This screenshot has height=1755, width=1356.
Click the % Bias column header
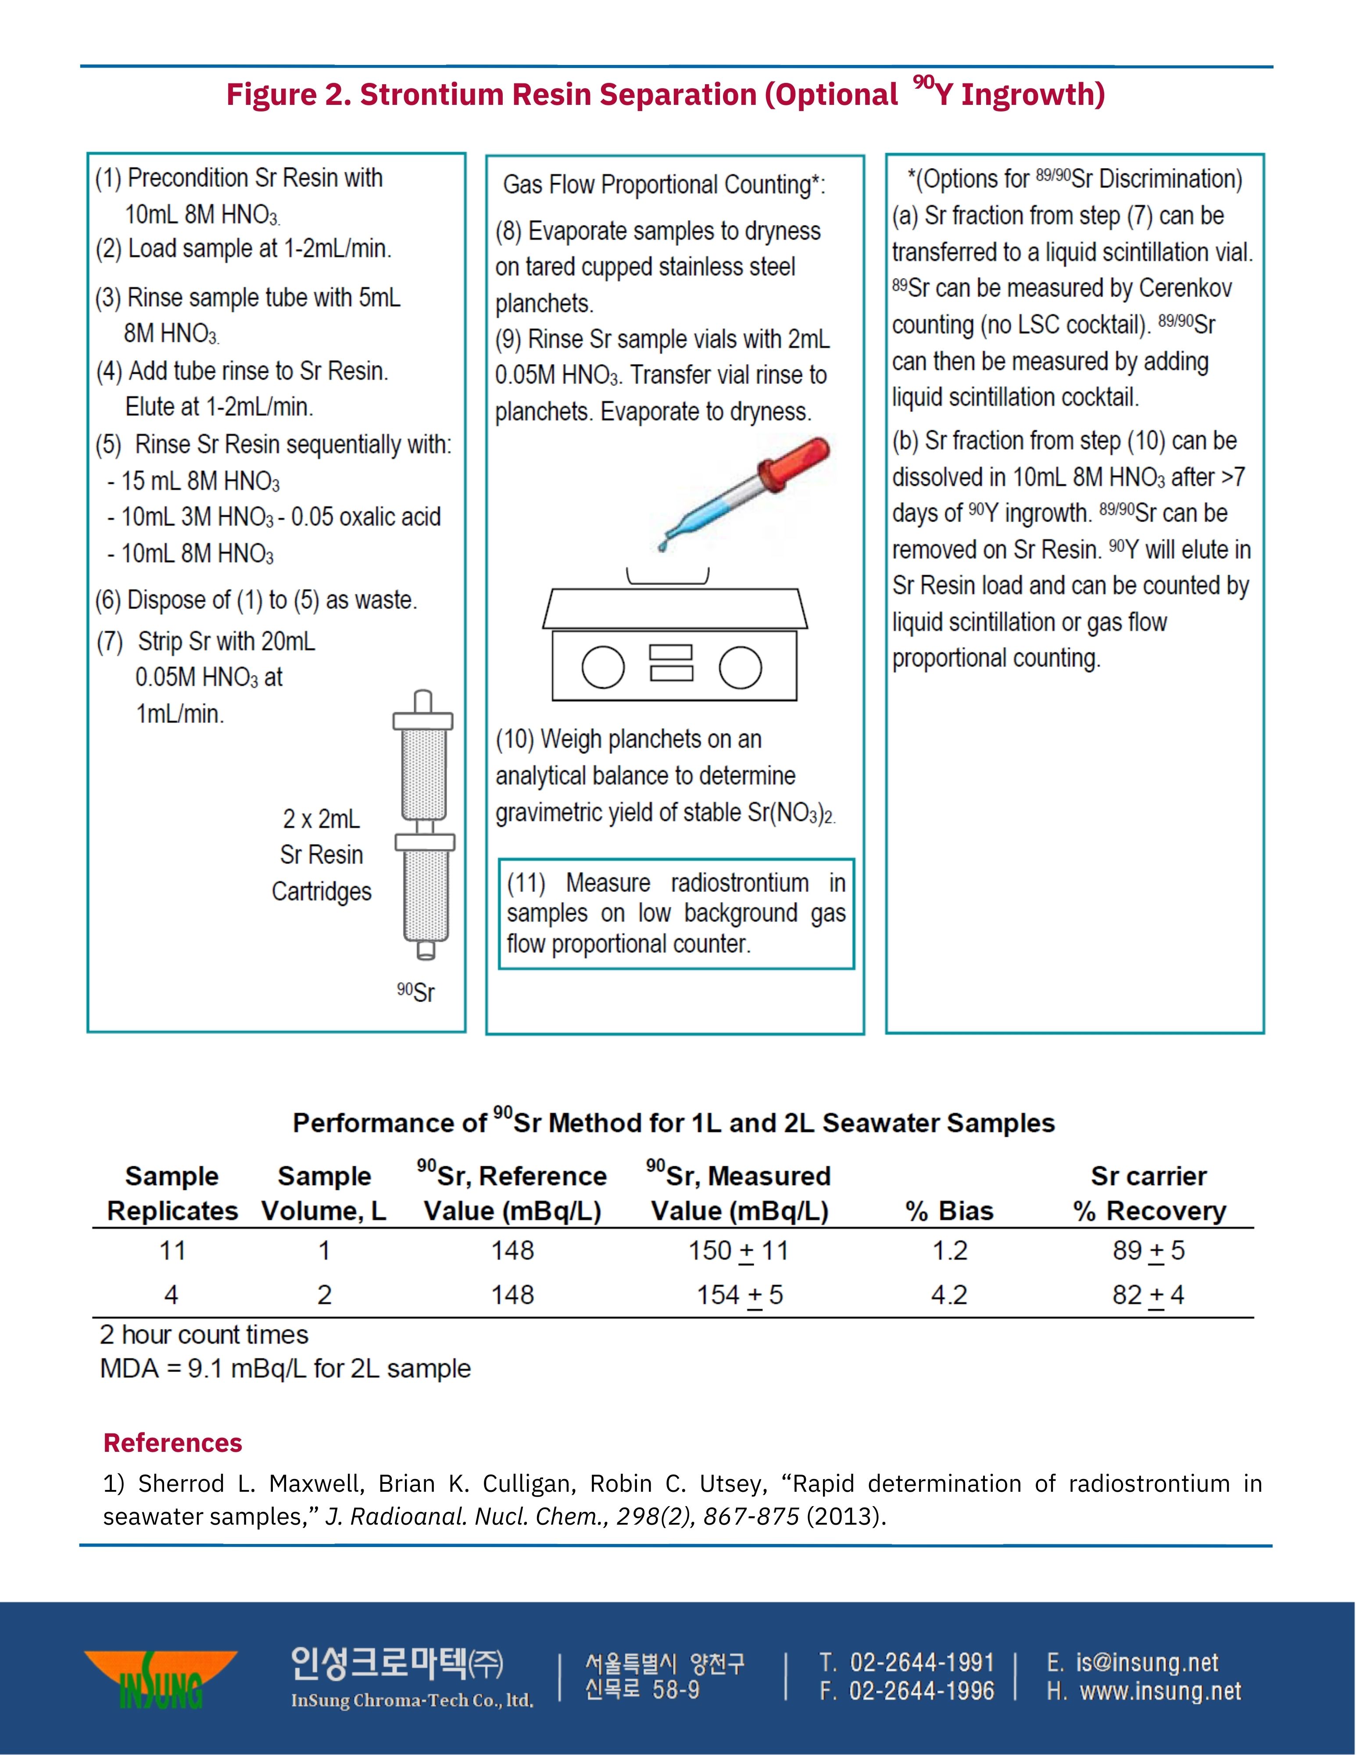pyautogui.click(x=949, y=1211)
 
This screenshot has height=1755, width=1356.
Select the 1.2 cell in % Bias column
pyautogui.click(x=949, y=1250)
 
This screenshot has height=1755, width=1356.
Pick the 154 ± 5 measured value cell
pyautogui.click(x=739, y=1295)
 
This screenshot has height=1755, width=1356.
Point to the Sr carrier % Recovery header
pyautogui.click(x=1149, y=1193)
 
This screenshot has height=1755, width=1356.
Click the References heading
pyautogui.click(x=173, y=1443)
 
